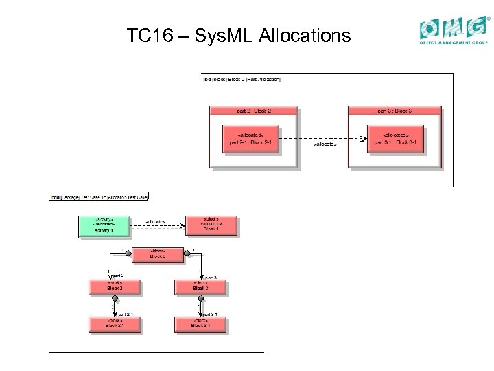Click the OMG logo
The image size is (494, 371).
pos(455,30)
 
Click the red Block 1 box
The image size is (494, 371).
pos(210,225)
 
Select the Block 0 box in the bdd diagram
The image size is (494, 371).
pos(157,254)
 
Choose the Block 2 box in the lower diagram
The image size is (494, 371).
pos(115,286)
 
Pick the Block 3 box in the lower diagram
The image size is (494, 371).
pos(200,286)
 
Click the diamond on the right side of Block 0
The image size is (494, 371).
pos(188,254)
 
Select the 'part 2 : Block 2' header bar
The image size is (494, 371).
pos(254,111)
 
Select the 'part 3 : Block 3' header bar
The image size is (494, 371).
pos(394,111)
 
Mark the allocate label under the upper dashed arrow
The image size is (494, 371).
pos(324,145)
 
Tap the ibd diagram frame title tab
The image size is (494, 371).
pos(241,79)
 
